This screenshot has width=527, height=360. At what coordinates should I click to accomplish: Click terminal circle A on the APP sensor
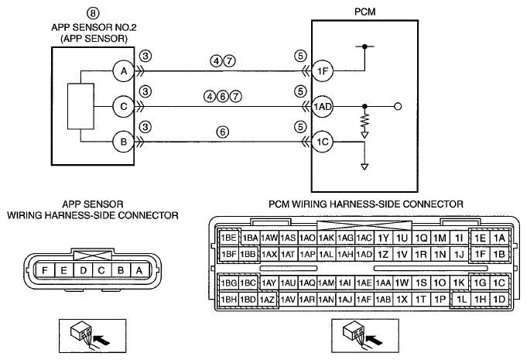click(x=124, y=71)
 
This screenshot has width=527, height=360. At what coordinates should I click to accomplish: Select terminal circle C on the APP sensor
click(x=124, y=107)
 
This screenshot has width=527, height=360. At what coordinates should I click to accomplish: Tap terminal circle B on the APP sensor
click(x=124, y=142)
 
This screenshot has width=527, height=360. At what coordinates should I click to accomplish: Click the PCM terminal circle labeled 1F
click(x=323, y=71)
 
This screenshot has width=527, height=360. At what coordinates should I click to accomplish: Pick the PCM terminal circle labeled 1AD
click(x=323, y=107)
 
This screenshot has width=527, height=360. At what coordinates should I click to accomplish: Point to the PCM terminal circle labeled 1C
click(x=323, y=142)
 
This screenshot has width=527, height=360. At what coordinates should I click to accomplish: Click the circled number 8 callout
click(x=93, y=13)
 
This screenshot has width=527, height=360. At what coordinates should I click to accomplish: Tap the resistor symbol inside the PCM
click(x=364, y=122)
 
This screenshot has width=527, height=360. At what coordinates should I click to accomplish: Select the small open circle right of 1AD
click(x=398, y=107)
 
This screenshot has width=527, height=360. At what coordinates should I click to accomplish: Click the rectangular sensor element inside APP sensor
click(x=80, y=106)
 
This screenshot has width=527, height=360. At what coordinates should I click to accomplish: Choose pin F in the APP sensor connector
click(x=45, y=270)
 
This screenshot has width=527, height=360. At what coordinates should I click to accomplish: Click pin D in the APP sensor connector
click(x=83, y=270)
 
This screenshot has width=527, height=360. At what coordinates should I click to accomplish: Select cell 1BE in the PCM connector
click(x=228, y=238)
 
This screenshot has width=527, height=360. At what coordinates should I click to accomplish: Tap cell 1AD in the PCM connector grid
click(x=364, y=255)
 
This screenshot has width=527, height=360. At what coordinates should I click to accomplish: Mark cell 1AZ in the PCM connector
click(x=268, y=299)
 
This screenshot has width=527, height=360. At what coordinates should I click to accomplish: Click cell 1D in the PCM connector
click(x=499, y=299)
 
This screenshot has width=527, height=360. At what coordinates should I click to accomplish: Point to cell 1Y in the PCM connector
click(x=383, y=238)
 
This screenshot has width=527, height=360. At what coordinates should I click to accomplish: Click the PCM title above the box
click(x=365, y=12)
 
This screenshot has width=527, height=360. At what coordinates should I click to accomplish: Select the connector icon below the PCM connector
click(x=365, y=335)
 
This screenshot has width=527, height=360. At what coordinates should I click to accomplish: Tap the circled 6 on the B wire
click(x=223, y=132)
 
